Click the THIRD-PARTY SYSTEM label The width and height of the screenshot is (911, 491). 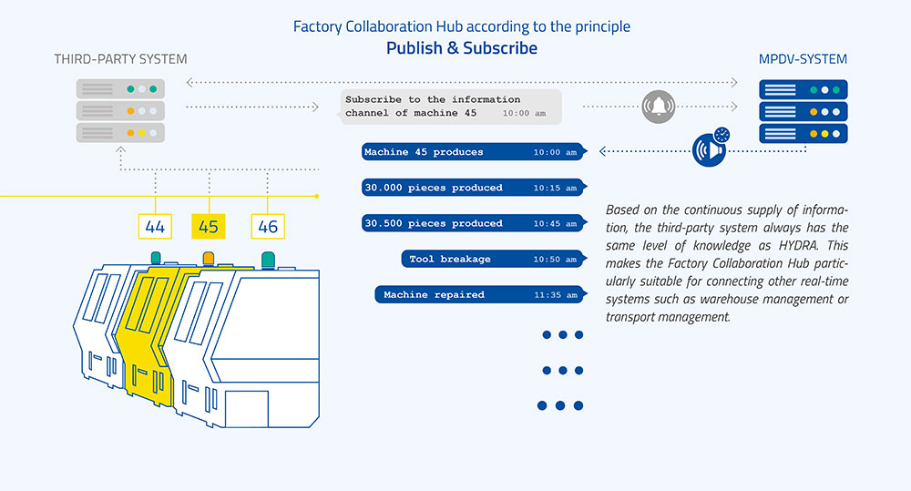click(120, 59)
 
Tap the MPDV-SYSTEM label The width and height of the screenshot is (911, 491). click(803, 59)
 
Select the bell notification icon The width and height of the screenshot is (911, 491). click(658, 107)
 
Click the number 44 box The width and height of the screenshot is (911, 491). click(156, 225)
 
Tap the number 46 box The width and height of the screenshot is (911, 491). click(267, 225)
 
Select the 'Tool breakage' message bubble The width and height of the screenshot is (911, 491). click(490, 260)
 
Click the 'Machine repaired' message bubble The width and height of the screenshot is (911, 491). click(477, 295)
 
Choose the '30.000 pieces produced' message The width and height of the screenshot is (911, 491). click(470, 188)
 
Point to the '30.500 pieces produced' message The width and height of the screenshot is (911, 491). click(470, 223)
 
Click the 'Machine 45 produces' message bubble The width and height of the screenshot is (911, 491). click(470, 152)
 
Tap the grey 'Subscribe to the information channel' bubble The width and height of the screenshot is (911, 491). click(450, 107)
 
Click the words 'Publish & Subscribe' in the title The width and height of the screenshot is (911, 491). click(462, 48)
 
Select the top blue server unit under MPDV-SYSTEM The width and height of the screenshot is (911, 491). click(804, 90)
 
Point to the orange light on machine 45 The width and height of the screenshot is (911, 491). click(209, 258)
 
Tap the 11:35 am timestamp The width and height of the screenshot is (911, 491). click(556, 295)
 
